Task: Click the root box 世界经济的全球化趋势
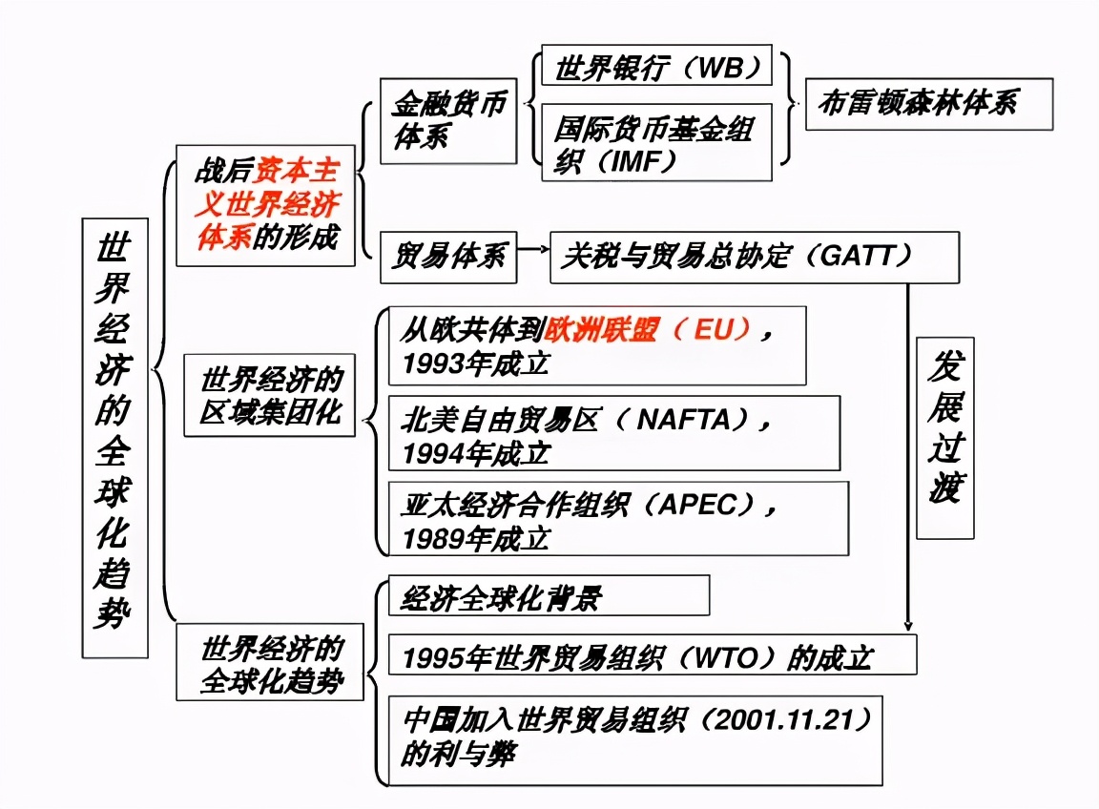tap(114, 437)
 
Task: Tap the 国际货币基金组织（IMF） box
tap(656, 142)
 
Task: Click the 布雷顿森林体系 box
tap(928, 104)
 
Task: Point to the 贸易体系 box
tap(448, 257)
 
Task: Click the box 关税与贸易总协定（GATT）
tap(754, 257)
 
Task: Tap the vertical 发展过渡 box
tap(944, 436)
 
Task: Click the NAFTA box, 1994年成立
tap(613, 433)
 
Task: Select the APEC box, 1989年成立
tap(617, 518)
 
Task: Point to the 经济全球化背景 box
tap(549, 596)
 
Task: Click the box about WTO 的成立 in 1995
tap(652, 656)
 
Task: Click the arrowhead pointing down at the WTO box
tap(907, 622)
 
